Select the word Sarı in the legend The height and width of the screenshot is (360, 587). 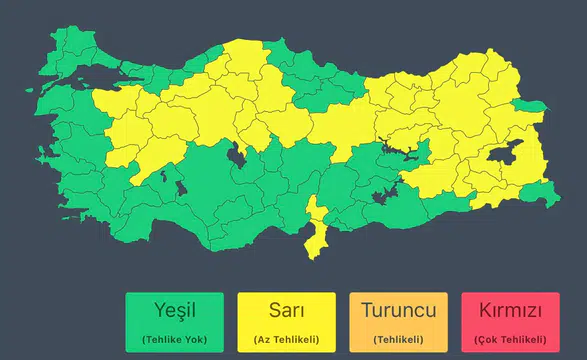pyautogui.click(x=286, y=310)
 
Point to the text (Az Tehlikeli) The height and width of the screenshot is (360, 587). pyautogui.click(x=286, y=338)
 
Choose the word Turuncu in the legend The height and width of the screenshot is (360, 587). pyautogui.click(x=398, y=310)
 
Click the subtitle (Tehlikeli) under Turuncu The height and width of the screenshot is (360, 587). pyautogui.click(x=398, y=338)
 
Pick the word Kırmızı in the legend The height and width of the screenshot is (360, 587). pyautogui.click(x=510, y=310)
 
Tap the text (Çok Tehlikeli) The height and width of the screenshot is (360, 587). pyautogui.click(x=510, y=338)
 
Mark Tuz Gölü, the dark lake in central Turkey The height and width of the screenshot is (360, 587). pyautogui.click(x=237, y=156)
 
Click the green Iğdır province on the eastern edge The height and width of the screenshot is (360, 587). pyautogui.click(x=533, y=107)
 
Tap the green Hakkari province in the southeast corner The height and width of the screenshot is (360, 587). pyautogui.click(x=538, y=197)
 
